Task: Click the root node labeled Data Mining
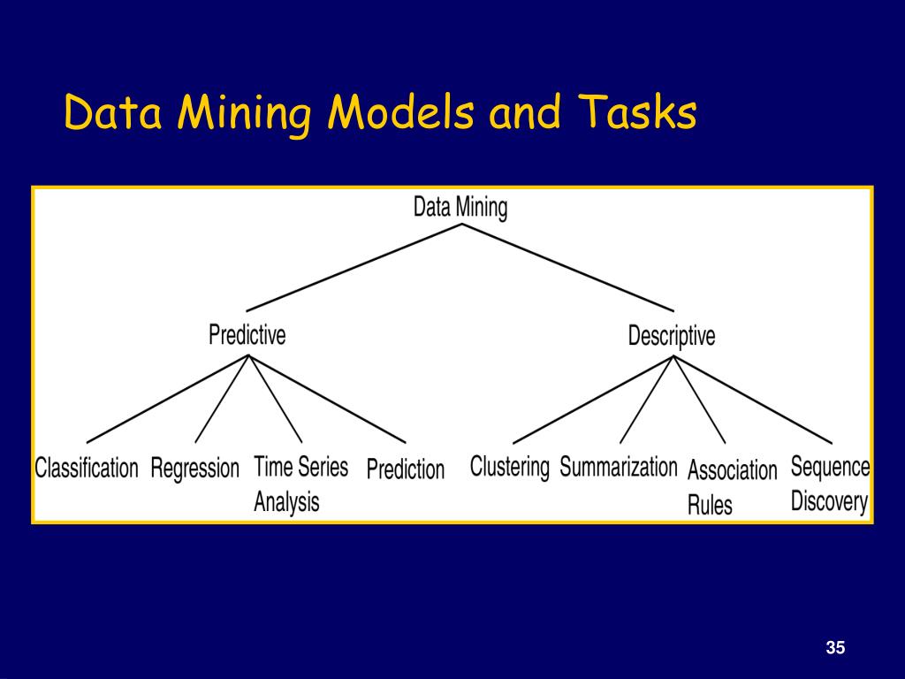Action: (460, 208)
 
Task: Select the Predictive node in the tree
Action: (247, 336)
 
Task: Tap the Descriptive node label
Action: (672, 336)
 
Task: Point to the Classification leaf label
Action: (87, 468)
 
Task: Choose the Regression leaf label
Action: (195, 468)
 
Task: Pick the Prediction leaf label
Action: (406, 469)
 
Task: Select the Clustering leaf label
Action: (509, 466)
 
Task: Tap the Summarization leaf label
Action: (619, 466)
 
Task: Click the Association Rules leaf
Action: (732, 486)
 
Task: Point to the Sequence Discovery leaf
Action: (830, 484)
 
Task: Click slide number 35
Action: (835, 648)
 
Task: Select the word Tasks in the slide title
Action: (638, 113)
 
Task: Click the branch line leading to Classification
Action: (168, 399)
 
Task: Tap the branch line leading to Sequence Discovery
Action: (753, 399)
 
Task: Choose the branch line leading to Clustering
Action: (593, 399)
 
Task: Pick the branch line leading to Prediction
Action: (328, 399)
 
